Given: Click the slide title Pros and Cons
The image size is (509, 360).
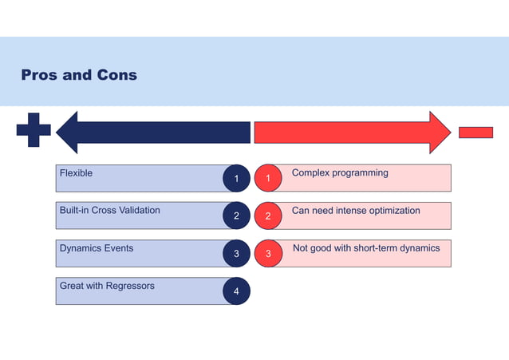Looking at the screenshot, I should [79, 75].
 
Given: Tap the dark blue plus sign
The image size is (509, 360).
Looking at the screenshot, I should [34, 130].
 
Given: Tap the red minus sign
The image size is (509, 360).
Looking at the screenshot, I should [475, 133].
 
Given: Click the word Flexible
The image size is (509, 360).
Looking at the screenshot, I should [76, 173].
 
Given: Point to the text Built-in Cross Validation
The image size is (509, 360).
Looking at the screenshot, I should [109, 211].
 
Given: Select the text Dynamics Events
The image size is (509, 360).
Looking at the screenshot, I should [97, 248].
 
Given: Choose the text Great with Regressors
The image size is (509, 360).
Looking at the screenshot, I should [107, 285].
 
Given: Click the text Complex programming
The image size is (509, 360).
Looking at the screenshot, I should [340, 173].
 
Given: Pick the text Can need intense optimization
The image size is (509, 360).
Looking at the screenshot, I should [356, 211].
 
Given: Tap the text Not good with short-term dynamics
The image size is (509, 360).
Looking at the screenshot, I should [366, 248].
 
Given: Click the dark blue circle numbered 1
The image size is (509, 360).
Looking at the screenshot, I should [236, 179].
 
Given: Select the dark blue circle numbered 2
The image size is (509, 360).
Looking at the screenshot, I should [236, 216].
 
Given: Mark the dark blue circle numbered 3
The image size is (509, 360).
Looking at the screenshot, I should [236, 254].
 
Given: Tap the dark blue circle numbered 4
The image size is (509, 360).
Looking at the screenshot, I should [236, 291].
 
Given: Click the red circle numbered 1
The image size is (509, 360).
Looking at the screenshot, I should [268, 179].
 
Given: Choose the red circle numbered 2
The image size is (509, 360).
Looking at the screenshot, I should [268, 216].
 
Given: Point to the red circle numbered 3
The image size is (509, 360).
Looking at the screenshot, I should [268, 254].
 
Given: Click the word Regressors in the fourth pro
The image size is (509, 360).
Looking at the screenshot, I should [130, 285].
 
